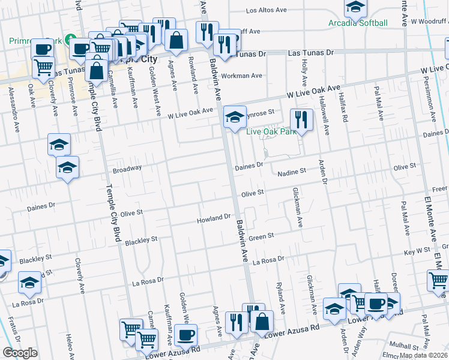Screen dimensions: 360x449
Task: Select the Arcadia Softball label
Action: (358, 23)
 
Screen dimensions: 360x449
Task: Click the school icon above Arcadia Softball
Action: (355, 7)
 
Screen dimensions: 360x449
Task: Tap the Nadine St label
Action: (292, 172)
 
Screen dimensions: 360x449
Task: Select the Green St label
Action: (262, 236)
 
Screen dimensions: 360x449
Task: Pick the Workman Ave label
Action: (242, 76)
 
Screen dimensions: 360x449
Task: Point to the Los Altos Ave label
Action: (268, 11)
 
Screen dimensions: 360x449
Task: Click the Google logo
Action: (20, 353)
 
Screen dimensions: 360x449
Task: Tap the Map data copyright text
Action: (423, 355)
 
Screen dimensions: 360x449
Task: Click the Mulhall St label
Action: (403, 346)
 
